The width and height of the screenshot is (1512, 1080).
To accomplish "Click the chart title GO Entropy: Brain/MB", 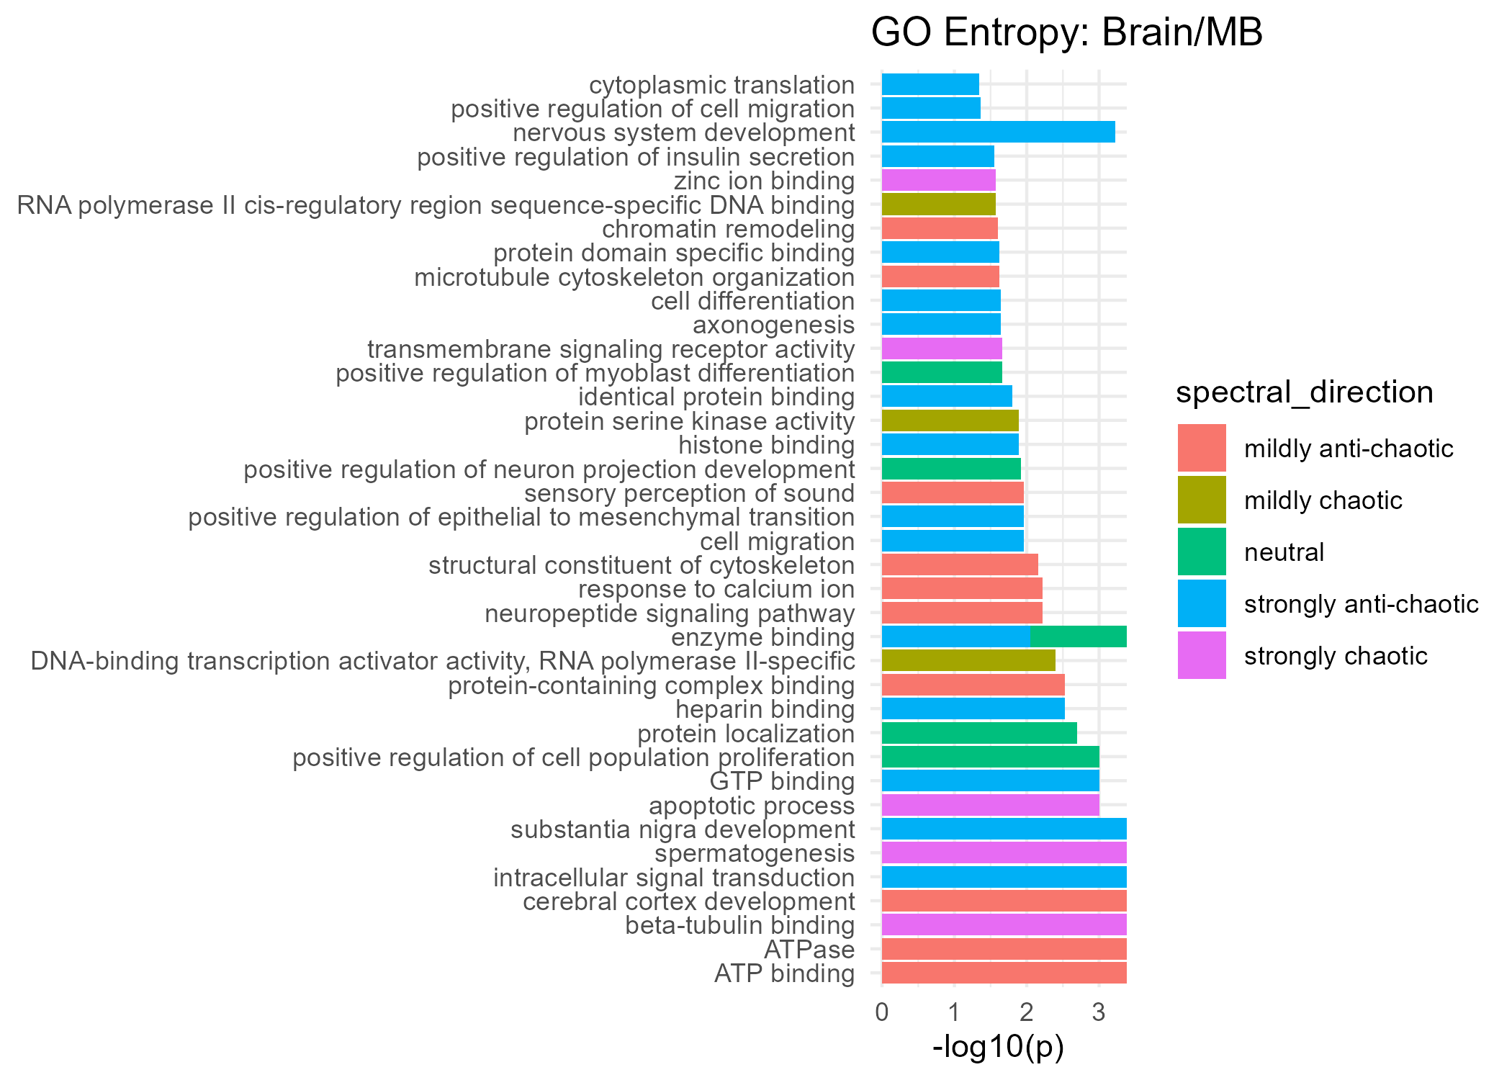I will point(1066,33).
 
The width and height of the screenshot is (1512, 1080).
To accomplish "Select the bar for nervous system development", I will point(998,132).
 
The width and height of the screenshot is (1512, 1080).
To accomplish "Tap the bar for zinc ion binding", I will point(938,181).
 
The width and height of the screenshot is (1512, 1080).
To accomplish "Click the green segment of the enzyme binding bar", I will point(1078,637).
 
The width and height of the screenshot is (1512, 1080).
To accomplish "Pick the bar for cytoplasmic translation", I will point(930,85).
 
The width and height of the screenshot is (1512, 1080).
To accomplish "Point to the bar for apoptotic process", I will point(990,805).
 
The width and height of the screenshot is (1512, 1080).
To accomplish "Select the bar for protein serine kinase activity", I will point(950,421).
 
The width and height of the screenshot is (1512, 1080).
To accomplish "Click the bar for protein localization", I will point(978,733).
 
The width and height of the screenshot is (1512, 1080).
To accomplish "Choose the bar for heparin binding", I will point(973,709).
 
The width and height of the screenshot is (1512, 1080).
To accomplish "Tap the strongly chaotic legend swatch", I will point(1202,655).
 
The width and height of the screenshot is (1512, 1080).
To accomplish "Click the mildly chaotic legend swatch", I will point(1202,500).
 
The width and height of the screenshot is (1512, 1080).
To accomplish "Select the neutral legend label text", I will point(1284,552).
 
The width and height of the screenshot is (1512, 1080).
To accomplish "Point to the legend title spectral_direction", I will point(1304,392).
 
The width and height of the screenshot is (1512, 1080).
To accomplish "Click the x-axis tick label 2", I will point(1026,1012).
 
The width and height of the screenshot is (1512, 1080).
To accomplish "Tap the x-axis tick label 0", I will point(881,1012).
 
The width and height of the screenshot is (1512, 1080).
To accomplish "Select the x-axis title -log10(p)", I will point(998,1047).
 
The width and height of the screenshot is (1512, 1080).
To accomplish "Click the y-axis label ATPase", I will point(809,950).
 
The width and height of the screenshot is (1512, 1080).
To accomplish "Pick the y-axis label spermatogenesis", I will point(755,853).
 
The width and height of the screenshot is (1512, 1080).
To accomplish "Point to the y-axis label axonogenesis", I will point(773,325).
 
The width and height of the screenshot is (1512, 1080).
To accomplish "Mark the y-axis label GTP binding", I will point(782,781).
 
